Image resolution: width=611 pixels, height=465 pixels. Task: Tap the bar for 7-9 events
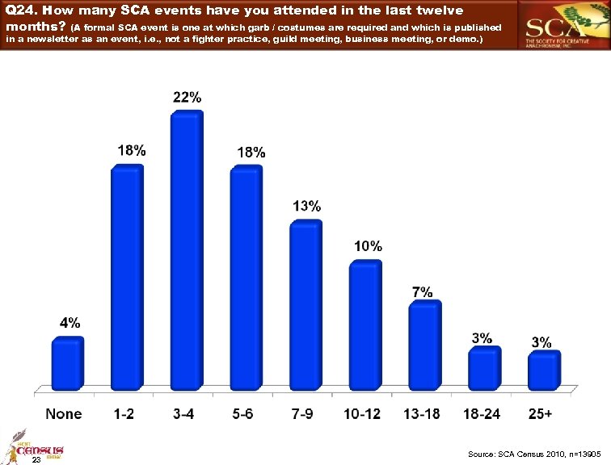pos(305,308)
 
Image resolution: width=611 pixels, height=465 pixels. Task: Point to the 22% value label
pos(188,97)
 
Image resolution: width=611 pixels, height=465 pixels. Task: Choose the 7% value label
pos(423,291)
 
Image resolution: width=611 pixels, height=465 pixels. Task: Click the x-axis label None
pos(64,414)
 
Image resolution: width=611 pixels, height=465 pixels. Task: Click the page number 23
pos(35,460)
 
